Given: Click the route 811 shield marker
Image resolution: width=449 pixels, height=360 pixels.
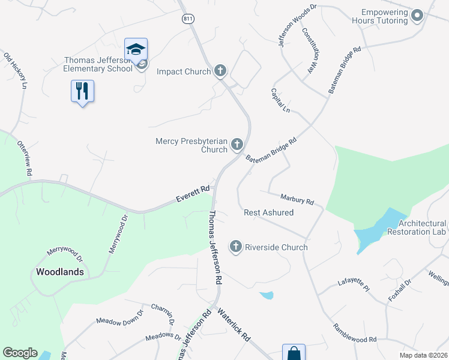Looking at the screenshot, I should [x=188, y=19].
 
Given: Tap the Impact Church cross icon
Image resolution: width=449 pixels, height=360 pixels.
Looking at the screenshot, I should [x=220, y=71].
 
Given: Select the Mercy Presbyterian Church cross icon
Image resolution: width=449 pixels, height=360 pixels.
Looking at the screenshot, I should [x=237, y=144].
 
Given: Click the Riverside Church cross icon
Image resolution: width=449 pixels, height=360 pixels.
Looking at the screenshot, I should [x=236, y=247].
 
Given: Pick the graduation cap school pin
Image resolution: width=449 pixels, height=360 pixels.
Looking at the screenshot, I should [x=136, y=49].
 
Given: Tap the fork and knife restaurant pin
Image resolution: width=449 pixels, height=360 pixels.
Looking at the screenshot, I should [x=82, y=91].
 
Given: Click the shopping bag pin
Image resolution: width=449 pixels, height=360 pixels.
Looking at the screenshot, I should [x=294, y=353].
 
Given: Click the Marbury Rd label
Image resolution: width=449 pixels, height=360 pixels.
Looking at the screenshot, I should [x=297, y=199].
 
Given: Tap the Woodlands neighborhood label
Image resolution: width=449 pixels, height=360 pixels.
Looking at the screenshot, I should [x=59, y=272].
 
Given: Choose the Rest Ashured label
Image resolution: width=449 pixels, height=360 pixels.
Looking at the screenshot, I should [x=268, y=213].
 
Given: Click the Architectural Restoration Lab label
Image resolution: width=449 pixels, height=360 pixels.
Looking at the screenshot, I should [x=417, y=227].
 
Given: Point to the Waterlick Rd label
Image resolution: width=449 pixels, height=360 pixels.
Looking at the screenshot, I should [x=234, y=326].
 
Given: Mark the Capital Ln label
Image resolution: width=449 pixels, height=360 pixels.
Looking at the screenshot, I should [x=280, y=101].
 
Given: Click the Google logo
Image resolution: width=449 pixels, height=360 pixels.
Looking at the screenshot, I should [x=20, y=353].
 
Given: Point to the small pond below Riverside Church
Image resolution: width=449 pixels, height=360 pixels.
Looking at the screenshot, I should [x=267, y=295].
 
